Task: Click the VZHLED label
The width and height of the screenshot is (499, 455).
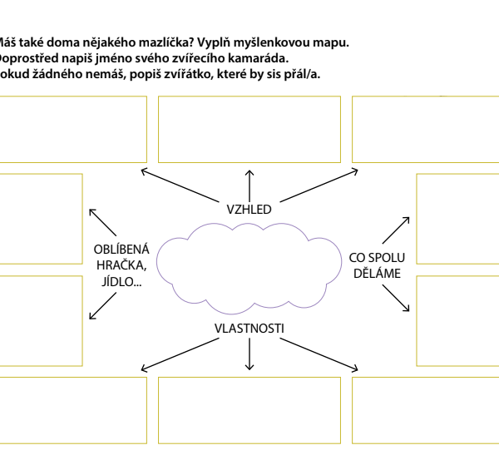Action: coord(249,209)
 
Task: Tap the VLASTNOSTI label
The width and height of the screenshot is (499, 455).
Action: coord(249,329)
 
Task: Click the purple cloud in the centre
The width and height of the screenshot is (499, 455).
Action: coord(249,266)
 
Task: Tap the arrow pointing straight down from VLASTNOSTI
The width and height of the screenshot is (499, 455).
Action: coord(249,354)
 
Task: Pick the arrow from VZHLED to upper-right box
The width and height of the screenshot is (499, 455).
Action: coord(319,185)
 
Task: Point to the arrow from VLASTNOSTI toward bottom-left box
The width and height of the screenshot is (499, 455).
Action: coord(180,354)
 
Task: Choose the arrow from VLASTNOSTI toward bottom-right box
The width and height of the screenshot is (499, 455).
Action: coord(320,354)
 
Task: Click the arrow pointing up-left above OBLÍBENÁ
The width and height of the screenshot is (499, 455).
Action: coord(102,222)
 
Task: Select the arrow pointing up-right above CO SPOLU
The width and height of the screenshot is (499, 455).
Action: coord(395,230)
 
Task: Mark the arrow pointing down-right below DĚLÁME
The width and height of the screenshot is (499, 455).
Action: coord(395,299)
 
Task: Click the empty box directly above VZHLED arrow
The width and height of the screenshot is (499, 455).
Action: coord(249,129)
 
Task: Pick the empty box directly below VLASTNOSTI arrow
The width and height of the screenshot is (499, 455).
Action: coord(249,410)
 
